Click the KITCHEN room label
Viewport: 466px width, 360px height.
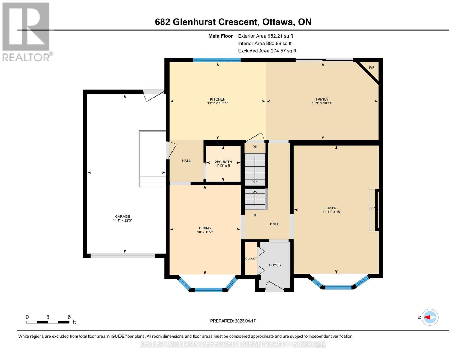tap(218, 99)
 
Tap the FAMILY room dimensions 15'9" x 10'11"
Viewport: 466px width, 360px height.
tap(322, 103)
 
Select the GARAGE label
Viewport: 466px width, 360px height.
tap(122, 217)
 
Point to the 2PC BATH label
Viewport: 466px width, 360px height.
tap(223, 162)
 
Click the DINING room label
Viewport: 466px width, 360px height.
tap(205, 228)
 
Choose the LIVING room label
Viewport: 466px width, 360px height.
tap(332, 208)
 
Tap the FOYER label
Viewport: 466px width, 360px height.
tap(275, 265)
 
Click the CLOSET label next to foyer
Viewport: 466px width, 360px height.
tap(251, 259)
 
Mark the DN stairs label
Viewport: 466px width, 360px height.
tap(255, 147)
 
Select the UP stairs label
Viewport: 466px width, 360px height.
tap(255, 215)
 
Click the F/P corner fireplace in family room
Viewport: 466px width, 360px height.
tap(372, 68)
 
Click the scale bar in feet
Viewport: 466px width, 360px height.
tap(48, 322)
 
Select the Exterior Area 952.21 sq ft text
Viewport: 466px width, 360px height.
tap(265, 36)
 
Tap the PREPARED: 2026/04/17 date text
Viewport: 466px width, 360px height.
tap(233, 321)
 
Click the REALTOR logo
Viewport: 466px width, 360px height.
tap(26, 31)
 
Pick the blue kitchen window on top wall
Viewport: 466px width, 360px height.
tap(217, 60)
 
